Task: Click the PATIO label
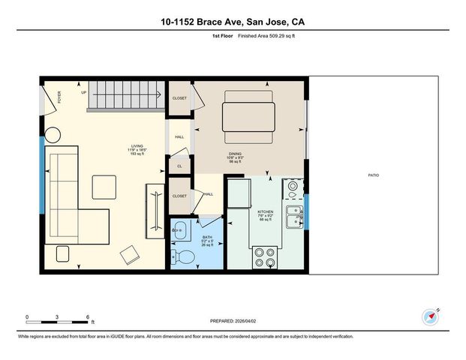click(x=373, y=175)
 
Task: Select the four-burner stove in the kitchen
click(x=265, y=257)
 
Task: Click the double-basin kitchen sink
click(x=293, y=217)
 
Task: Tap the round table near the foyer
click(x=53, y=136)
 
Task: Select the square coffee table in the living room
click(x=104, y=187)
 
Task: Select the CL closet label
click(x=179, y=166)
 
